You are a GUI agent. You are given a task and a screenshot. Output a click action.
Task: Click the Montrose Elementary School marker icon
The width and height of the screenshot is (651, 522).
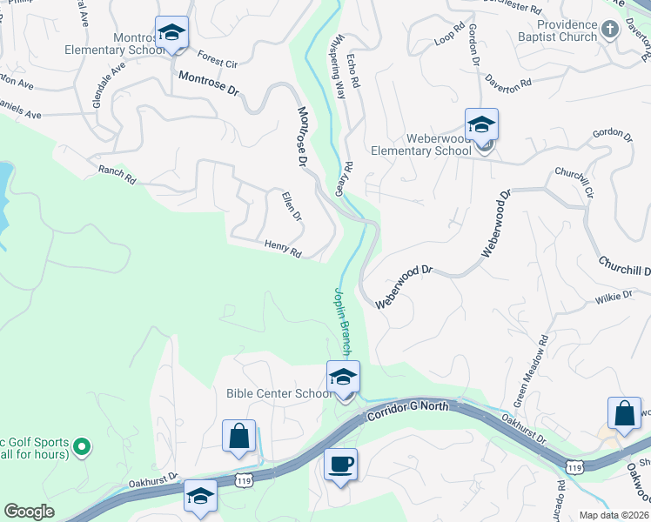[172, 34]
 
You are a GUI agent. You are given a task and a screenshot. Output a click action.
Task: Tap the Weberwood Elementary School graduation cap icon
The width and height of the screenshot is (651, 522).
[481, 124]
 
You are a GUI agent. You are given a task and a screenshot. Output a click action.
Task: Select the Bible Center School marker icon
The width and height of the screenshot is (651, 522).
[343, 377]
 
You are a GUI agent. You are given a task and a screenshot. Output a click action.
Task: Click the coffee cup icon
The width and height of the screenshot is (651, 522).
[340, 464]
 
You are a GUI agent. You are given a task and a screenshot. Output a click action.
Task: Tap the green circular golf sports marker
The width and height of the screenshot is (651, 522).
[82, 447]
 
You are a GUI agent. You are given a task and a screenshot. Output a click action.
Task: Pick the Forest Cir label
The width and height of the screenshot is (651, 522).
[218, 59]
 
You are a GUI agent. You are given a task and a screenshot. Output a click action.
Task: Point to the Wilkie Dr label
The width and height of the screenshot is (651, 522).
[614, 298]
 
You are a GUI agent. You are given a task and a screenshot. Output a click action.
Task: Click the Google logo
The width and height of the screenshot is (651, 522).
[29, 511]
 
